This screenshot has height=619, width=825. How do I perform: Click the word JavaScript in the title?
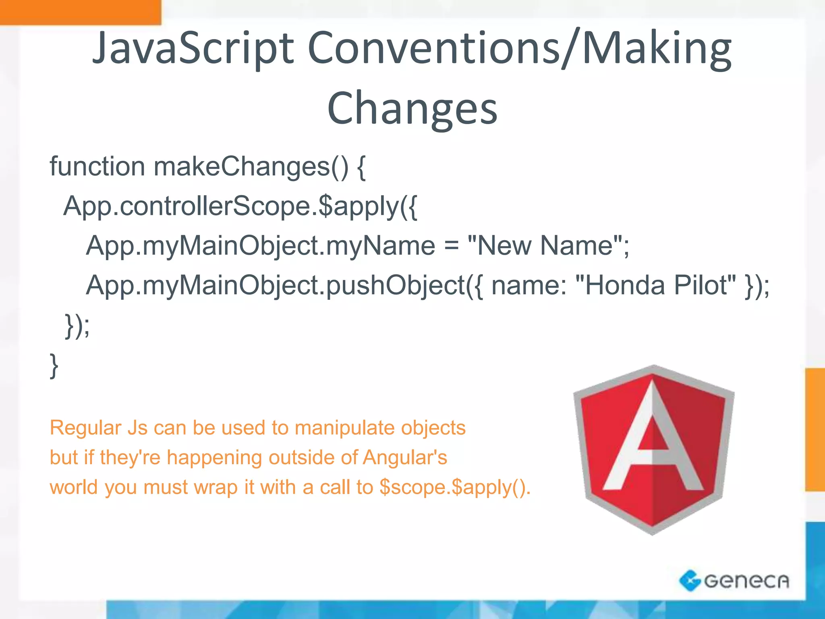193,49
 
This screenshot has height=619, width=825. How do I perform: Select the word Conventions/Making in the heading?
520,49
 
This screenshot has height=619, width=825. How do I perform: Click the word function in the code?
97,166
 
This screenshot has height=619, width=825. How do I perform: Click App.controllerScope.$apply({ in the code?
240,206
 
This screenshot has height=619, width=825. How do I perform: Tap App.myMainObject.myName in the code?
260,246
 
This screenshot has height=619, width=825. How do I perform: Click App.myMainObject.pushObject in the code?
276,285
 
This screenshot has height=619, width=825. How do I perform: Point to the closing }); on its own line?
77,326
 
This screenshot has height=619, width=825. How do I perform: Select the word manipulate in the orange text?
342,428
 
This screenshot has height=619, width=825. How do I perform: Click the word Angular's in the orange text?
405,458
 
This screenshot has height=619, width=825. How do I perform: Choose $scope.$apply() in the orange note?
454,488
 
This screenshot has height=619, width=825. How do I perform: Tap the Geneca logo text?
746,581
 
